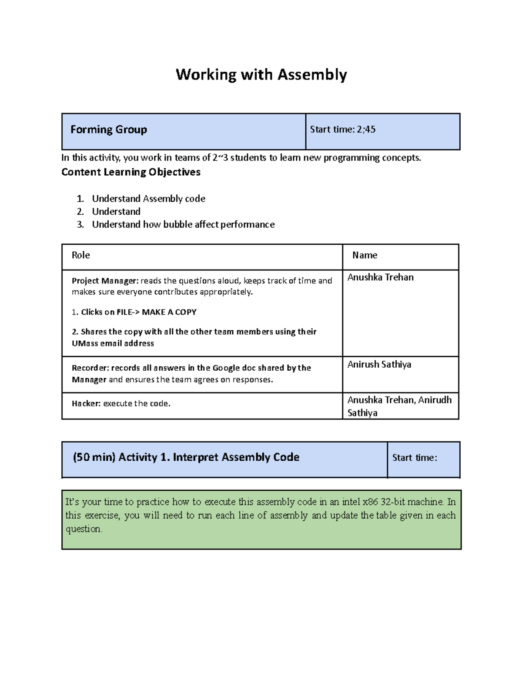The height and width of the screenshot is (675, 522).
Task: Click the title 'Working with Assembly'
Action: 261,75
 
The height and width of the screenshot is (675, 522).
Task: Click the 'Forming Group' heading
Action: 109,130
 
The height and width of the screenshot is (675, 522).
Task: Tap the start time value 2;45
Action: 366,130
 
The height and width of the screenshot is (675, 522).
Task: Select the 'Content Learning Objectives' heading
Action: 131,172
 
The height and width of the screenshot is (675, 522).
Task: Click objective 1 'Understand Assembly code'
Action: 148,199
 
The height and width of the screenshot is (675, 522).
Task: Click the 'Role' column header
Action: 81,255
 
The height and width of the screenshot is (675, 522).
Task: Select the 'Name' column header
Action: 365,255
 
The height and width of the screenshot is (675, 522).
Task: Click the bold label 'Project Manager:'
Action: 105,281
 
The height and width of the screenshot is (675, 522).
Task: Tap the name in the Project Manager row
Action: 380,277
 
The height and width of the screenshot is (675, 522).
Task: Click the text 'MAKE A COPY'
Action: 169,312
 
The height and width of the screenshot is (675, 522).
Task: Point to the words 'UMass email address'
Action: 113,343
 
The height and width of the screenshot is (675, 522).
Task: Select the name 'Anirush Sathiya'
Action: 379,364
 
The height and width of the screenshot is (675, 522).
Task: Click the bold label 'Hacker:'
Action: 86,403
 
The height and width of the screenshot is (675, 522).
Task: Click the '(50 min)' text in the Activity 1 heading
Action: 94,457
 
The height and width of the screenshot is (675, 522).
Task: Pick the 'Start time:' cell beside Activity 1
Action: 415,458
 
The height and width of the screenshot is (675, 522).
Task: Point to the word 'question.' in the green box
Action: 84,529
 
